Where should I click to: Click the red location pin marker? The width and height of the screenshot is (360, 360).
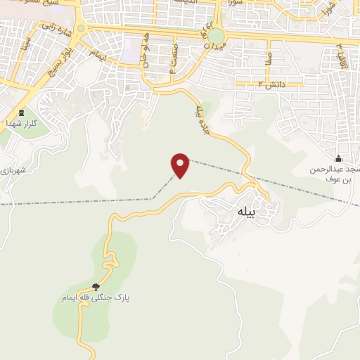click(x=181, y=165)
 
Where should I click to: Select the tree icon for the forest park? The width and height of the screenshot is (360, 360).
click(x=96, y=286)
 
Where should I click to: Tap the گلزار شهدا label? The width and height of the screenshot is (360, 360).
click(x=21, y=122)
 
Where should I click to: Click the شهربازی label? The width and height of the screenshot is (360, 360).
click(x=13, y=169)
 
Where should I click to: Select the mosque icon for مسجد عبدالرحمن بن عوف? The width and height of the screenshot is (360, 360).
click(x=339, y=158)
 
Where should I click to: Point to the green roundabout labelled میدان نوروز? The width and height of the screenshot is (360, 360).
click(x=217, y=36)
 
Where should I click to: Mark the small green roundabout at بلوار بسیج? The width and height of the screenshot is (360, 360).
click(x=82, y=29)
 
